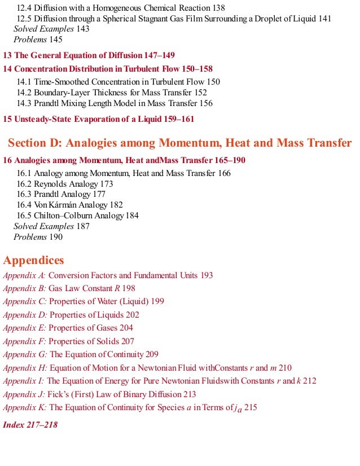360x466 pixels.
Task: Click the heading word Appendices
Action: click(34, 260)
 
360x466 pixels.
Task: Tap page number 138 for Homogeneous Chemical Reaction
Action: click(217, 8)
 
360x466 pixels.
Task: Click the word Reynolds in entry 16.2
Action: click(50, 184)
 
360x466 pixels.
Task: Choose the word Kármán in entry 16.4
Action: click(63, 205)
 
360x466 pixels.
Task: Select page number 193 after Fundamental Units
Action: click(207, 275)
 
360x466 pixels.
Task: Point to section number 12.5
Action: click(24, 19)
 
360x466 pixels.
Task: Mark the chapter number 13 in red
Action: click(7, 55)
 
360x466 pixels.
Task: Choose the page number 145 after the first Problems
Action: click(56, 39)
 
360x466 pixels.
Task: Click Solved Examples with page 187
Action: click(43, 226)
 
